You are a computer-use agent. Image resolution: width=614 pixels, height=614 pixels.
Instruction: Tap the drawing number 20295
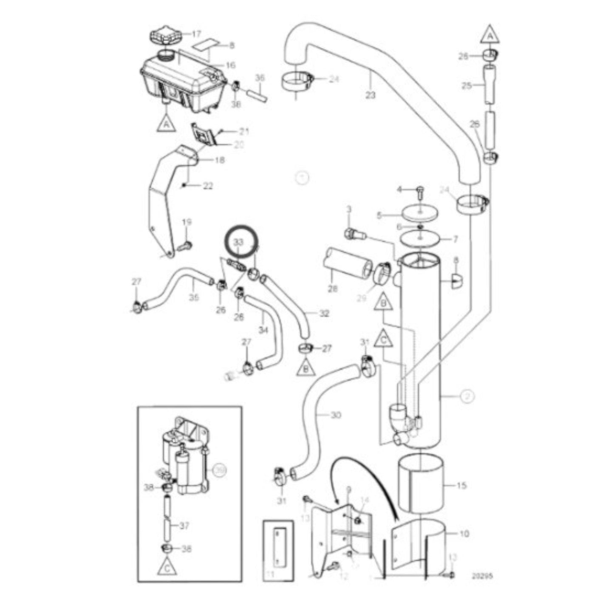[482, 577]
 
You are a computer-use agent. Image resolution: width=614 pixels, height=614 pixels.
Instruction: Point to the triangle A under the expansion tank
[166, 124]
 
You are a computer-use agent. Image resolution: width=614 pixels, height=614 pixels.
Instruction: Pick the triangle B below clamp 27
[306, 368]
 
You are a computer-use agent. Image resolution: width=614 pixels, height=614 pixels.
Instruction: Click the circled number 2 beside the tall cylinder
[467, 396]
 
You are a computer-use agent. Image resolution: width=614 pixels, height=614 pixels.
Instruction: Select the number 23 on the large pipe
[371, 96]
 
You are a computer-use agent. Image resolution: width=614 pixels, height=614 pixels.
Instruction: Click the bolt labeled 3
[352, 233]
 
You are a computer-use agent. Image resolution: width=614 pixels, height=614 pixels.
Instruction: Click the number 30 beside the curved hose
[336, 415]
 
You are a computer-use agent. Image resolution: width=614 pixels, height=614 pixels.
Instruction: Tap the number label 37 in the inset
[184, 526]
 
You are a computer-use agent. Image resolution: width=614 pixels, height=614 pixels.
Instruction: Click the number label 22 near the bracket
[208, 186]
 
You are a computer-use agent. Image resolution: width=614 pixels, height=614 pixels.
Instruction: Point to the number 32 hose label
[324, 314]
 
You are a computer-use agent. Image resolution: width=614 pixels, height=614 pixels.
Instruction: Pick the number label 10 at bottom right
[464, 533]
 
